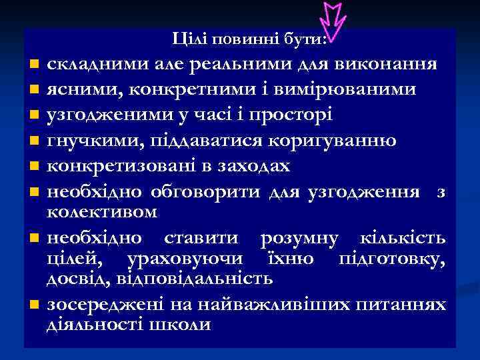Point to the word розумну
coord(299,238)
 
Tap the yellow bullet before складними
coord(34,65)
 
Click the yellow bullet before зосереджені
coord(34,305)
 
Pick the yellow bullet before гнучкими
coord(34,142)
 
